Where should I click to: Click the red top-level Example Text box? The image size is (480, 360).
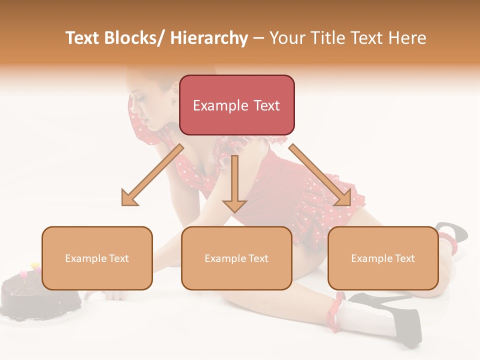(236, 105)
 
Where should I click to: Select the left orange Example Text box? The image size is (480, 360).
(97, 258)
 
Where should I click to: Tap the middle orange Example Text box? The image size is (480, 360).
(236, 258)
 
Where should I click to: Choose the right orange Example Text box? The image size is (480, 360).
(383, 258)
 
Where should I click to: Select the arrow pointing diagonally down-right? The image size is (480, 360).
(320, 175)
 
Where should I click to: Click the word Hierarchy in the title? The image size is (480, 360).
(209, 38)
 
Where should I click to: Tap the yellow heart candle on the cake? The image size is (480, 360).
(35, 266)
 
